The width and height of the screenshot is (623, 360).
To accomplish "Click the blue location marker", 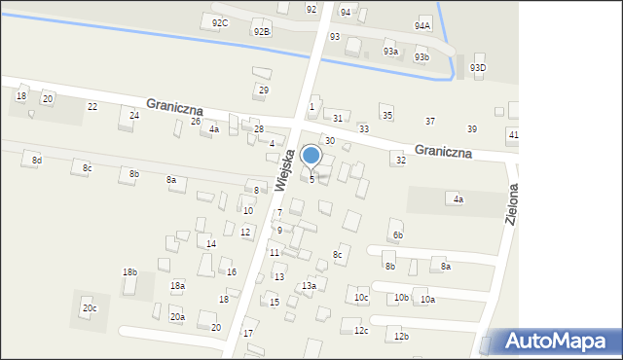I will coord(311,155).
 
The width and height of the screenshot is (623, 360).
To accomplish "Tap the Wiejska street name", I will coord(282,164).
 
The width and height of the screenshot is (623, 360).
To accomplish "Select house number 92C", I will coord(220,22).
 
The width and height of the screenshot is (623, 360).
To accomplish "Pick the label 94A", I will coord(422,25).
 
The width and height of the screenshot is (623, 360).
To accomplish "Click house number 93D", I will coord(477,67).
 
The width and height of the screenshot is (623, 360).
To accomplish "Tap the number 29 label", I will coord(263,90).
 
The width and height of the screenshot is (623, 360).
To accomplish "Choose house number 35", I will coord(386,116).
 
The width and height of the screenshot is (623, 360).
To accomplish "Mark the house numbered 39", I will coord(472,129).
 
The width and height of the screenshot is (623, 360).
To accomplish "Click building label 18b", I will coord(129,271).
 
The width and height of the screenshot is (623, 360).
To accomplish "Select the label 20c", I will coord(90,308).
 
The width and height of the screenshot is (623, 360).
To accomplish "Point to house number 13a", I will coord(309,286).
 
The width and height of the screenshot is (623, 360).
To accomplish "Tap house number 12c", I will coord(361,331).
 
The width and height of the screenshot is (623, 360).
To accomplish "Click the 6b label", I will coord(397,235).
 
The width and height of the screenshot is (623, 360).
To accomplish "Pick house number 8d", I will coord(37,160).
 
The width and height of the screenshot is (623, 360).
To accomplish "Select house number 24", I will coord(134,116).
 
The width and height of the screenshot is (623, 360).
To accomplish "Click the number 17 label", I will coord(248,334).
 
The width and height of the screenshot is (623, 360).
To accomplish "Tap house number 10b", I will coord(401,298).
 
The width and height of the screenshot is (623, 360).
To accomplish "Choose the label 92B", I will coord(261,32).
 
